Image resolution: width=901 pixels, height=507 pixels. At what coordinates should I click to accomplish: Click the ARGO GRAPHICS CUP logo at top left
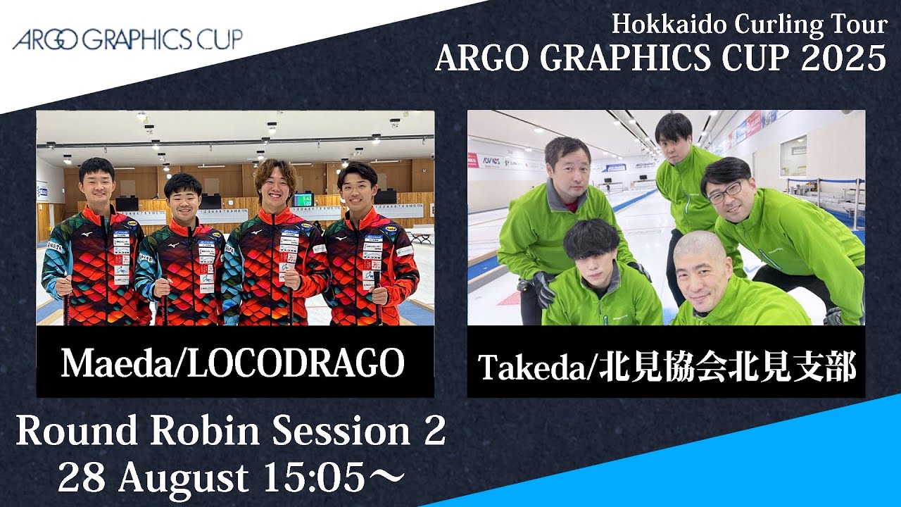[x=127, y=39]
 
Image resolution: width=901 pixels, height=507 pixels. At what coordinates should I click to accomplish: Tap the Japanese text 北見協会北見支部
[x=728, y=368]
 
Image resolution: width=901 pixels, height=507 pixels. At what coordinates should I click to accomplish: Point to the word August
[x=183, y=479]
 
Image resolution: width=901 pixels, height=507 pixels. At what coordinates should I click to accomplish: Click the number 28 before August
[x=82, y=477]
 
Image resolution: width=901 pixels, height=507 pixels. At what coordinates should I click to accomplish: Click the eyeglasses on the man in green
[x=724, y=193]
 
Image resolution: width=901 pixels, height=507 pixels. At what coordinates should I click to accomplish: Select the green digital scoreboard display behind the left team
[x=303, y=200]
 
